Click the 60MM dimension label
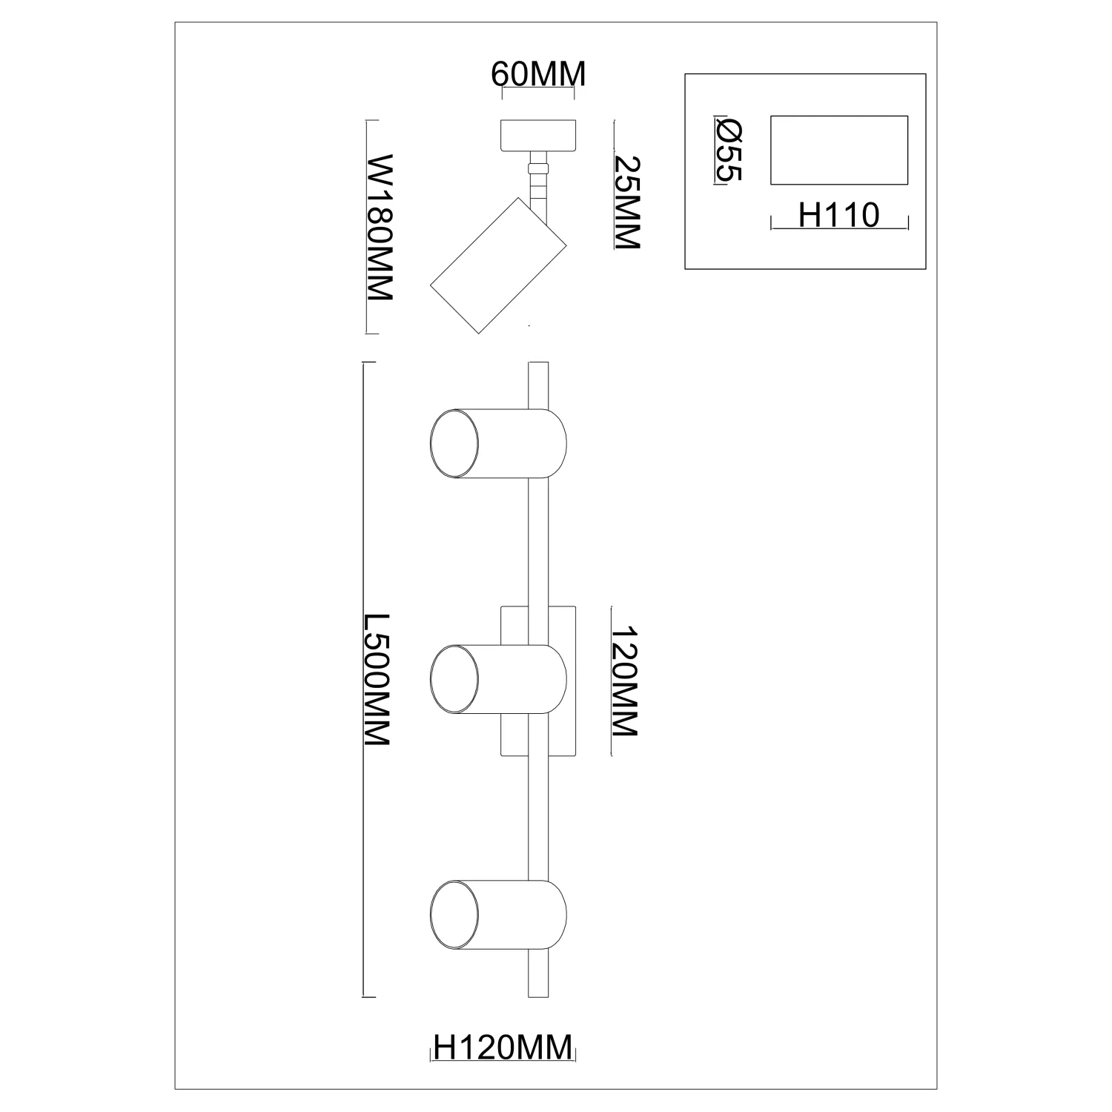pyautogui.click(x=538, y=74)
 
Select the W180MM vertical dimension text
pyautogui.click(x=380, y=227)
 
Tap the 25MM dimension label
pyautogui.click(x=626, y=202)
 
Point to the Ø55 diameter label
pyautogui.click(x=729, y=150)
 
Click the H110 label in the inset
pyautogui.click(x=838, y=216)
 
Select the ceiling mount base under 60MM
pyautogui.click(x=538, y=134)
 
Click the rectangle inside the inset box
pyautogui.click(x=839, y=150)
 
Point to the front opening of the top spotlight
pyautogui.click(x=454, y=443)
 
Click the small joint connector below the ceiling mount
pyautogui.click(x=539, y=168)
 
